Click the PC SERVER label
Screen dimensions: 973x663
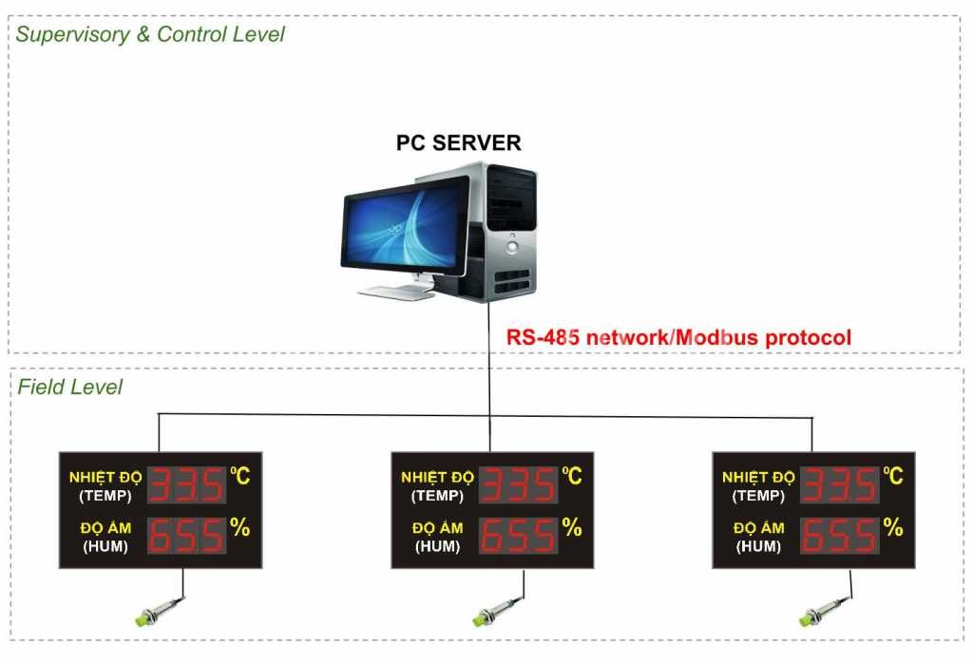pyautogui.click(x=459, y=142)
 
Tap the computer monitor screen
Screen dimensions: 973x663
pyautogui.click(x=405, y=228)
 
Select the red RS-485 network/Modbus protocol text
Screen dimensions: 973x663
pyautogui.click(x=678, y=337)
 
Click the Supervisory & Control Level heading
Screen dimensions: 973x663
pyautogui.click(x=150, y=34)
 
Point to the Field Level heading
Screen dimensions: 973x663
pyautogui.click(x=69, y=387)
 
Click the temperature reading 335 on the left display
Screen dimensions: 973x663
pyautogui.click(x=187, y=484)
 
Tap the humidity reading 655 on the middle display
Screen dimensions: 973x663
pyautogui.click(x=518, y=535)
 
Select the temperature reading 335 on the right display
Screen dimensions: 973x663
pyautogui.click(x=840, y=484)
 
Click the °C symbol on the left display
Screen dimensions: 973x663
pyautogui.click(x=240, y=476)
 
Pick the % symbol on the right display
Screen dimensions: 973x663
pyautogui.click(x=893, y=527)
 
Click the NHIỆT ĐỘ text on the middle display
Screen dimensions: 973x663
pyautogui.click(x=437, y=477)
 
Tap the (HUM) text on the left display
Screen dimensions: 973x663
pyautogui.click(x=105, y=546)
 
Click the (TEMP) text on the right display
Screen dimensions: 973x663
pyautogui.click(x=758, y=496)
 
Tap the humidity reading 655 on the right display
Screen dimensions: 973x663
pyautogui.click(x=840, y=535)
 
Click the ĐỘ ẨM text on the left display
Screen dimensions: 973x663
pyautogui.click(x=105, y=528)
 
